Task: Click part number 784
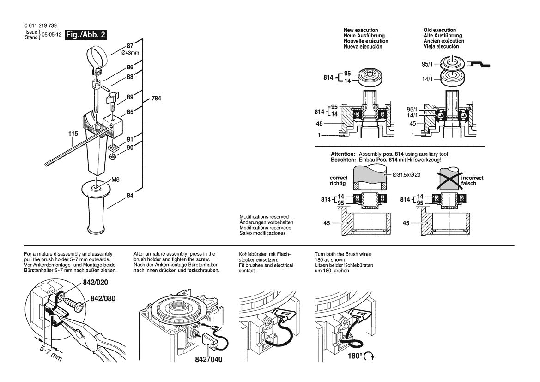157,99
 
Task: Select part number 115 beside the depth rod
73,134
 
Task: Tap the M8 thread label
117,180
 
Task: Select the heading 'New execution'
360,30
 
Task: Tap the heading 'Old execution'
439,30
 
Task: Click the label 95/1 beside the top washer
428,65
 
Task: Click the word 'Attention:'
343,154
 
